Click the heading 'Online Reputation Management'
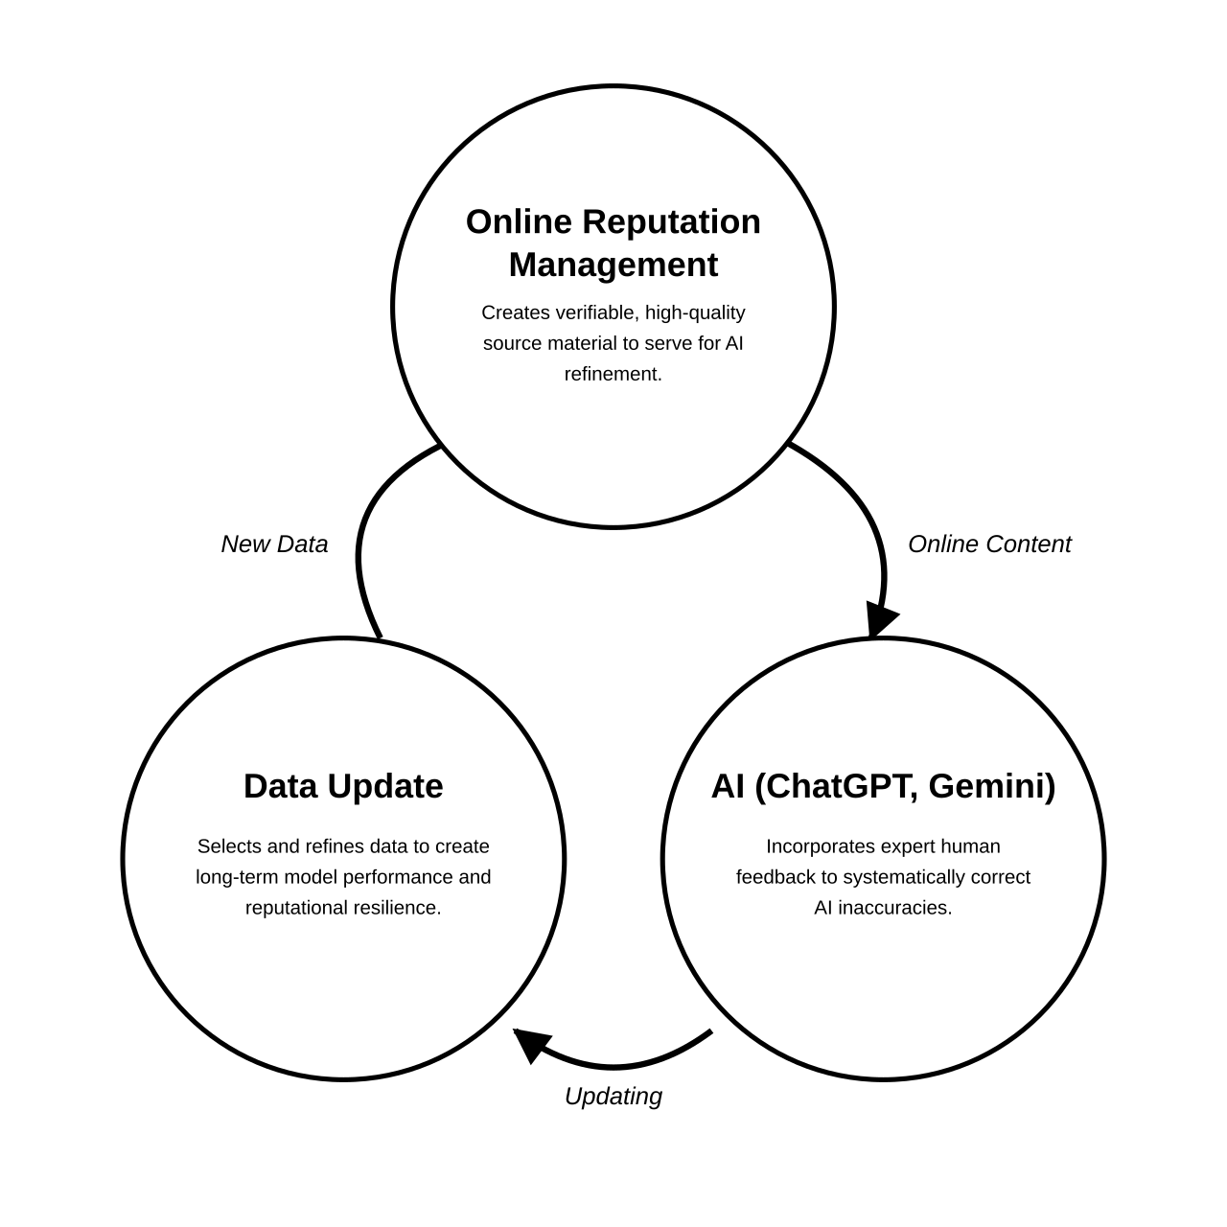[x=613, y=243]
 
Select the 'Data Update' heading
[x=343, y=786]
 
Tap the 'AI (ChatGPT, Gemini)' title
[x=883, y=786]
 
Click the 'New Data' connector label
[x=274, y=544]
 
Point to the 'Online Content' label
[x=989, y=544]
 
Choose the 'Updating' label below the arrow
[x=613, y=1097]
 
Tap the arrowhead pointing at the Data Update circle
[x=532, y=1045]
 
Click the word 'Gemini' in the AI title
[x=991, y=787]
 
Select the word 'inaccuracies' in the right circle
[x=894, y=908]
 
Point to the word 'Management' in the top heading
[x=613, y=265]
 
